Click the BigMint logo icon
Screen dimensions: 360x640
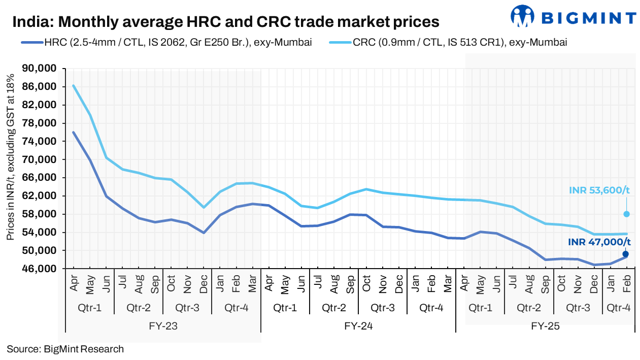(x=523, y=16)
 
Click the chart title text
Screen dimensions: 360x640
(x=225, y=22)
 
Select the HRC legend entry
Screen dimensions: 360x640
(x=166, y=43)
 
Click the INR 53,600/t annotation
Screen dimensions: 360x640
(x=599, y=190)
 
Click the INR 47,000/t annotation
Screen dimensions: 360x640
(x=599, y=242)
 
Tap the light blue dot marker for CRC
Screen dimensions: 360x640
(x=626, y=214)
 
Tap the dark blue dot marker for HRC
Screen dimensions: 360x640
(x=626, y=254)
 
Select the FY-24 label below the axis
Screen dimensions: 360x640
(x=358, y=326)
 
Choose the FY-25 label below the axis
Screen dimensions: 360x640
(x=545, y=326)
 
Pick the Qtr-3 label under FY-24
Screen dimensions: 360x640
(x=383, y=308)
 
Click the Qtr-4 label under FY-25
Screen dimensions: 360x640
(x=619, y=308)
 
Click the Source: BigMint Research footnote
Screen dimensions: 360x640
(x=65, y=349)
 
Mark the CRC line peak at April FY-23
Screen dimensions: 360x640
(x=74, y=85)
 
